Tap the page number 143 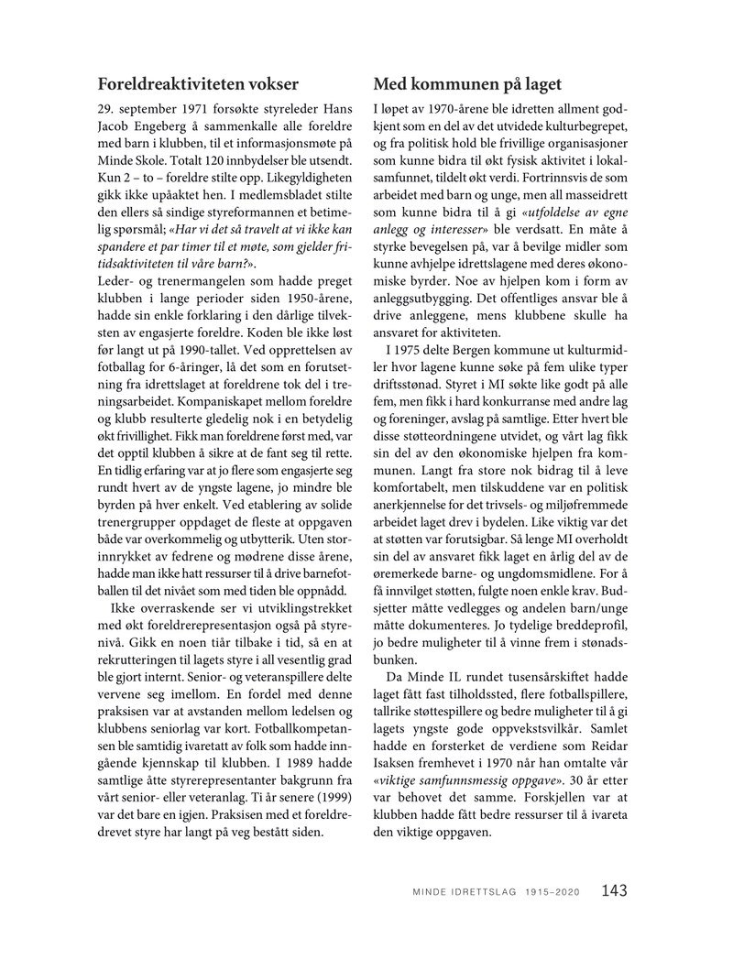coord(615,889)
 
